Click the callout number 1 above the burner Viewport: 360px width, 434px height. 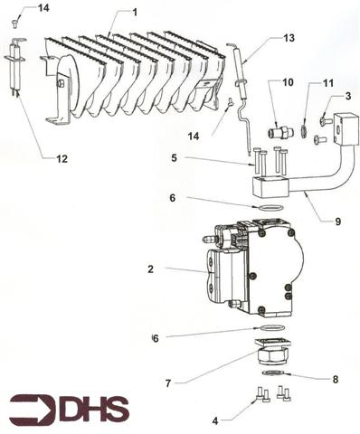pos(134,12)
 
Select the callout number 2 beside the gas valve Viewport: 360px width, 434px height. pos(151,269)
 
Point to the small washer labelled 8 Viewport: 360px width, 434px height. pos(271,372)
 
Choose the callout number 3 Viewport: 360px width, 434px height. pos(347,96)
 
